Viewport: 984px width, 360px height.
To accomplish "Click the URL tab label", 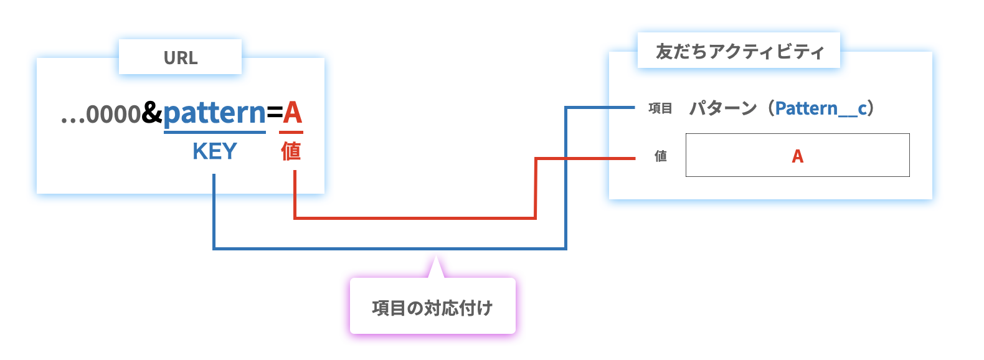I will pos(181,58).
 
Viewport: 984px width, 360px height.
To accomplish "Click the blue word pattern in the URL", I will pos(214,113).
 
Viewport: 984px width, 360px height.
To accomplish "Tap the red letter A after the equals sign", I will pos(292,113).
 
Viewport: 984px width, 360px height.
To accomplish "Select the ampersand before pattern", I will pos(152,113).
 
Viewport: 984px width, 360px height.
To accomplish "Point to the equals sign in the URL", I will pos(274,113).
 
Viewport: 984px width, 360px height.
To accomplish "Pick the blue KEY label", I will pos(215,151).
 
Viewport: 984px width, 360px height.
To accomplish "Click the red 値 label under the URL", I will pos(291,151).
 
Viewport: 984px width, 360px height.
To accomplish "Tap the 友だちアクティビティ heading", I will pos(739,51).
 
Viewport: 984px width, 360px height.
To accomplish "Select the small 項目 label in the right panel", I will pos(660,108).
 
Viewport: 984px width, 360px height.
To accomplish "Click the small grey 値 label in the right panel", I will pos(661,156).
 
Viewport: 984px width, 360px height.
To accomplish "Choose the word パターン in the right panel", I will pos(722,108).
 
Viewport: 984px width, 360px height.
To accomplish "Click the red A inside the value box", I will pos(797,156).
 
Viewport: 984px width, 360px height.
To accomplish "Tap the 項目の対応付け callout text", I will pos(432,308).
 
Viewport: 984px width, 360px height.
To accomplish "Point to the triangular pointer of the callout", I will pos(436,267).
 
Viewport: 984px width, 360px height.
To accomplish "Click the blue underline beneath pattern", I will pos(214,132).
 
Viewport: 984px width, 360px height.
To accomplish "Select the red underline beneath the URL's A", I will pos(291,132).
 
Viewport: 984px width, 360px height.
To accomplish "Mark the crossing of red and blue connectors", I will pos(565,159).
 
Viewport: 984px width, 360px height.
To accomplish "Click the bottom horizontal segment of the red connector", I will pos(414,218).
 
